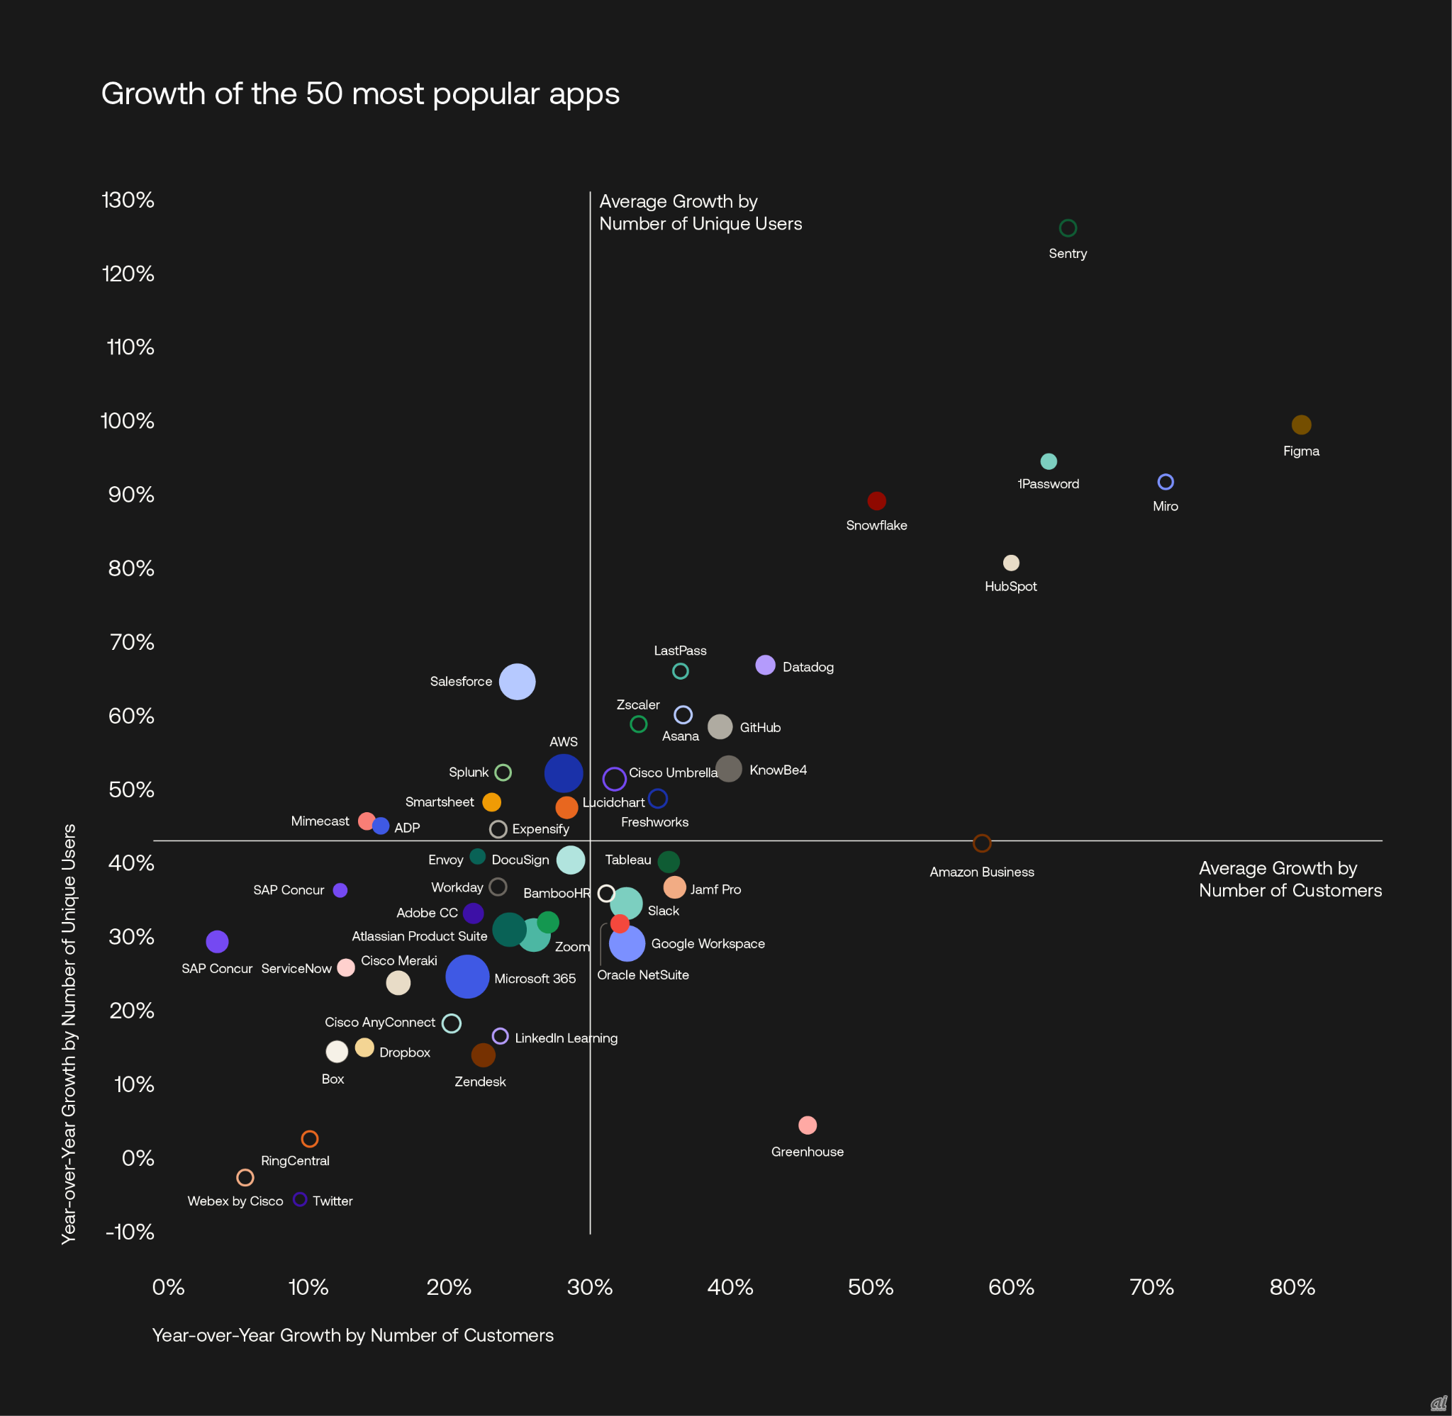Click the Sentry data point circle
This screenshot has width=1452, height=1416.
1068,227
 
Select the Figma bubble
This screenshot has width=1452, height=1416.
1301,425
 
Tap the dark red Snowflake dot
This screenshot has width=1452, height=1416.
876,500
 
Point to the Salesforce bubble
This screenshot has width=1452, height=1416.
517,681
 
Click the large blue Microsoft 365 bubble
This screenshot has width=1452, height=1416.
467,977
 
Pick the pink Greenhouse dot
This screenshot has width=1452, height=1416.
807,1125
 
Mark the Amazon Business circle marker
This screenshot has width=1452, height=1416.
982,843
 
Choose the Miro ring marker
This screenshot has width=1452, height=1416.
1166,482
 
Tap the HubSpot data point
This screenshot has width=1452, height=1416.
1011,563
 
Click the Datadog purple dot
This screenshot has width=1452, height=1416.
765,665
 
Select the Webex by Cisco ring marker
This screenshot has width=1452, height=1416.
245,1177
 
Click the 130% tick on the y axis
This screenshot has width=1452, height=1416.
128,200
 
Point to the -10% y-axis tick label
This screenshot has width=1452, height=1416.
130,1232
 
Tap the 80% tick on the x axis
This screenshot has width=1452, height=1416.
1292,1287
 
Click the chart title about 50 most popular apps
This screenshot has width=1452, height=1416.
360,94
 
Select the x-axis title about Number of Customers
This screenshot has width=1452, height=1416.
352,1335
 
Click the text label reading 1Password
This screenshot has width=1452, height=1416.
1048,484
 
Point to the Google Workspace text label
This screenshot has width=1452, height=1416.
708,944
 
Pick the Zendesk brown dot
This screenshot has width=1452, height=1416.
483,1055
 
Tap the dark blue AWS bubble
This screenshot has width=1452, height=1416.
563,773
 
